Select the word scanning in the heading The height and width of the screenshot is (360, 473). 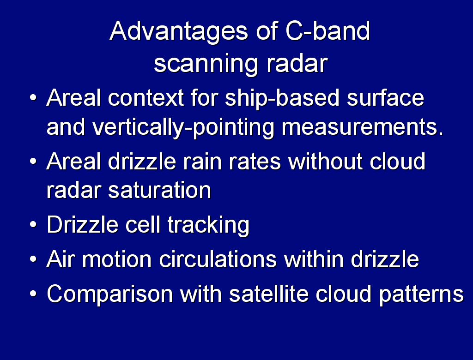pyautogui.click(x=206, y=64)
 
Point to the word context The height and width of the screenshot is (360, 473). pyautogui.click(x=146, y=98)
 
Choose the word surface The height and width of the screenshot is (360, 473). pyautogui.click(x=386, y=98)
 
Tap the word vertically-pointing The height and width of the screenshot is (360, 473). pyautogui.click(x=183, y=128)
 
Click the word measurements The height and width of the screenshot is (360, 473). pyautogui.click(x=362, y=128)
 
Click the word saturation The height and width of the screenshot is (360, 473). pyautogui.click(x=159, y=190)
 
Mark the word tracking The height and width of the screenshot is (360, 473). pyautogui.click(x=208, y=225)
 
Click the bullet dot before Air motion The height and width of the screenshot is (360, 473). pyautogui.click(x=33, y=259)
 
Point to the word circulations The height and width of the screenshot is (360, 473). pyautogui.click(x=218, y=259)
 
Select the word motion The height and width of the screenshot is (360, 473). pyautogui.click(x=116, y=259)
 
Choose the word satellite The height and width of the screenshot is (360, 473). pyautogui.click(x=269, y=293)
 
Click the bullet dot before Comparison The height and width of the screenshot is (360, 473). pyautogui.click(x=33, y=294)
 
